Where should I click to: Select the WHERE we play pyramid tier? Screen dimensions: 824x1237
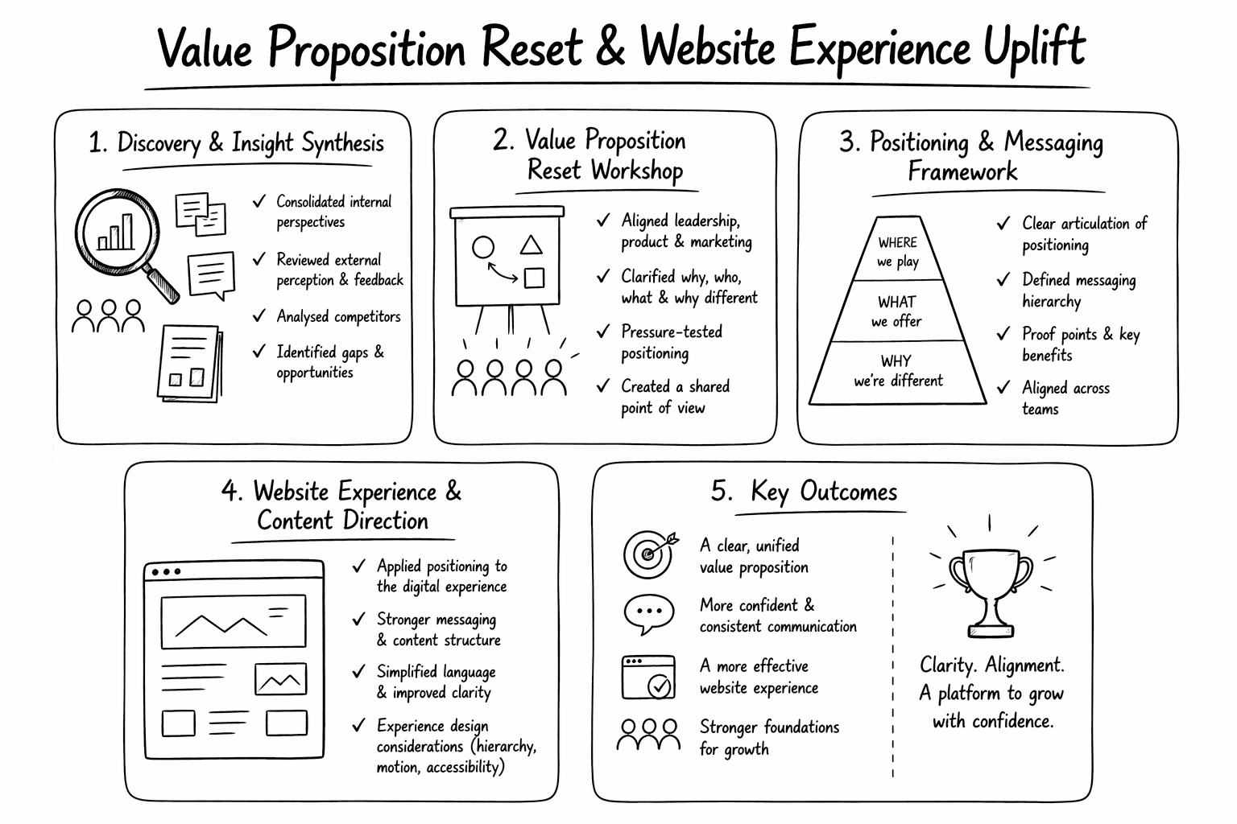point(898,251)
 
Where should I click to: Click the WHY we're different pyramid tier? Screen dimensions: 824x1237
point(898,371)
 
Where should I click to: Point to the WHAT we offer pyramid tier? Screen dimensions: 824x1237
point(897,311)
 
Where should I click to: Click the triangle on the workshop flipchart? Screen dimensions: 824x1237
point(531,245)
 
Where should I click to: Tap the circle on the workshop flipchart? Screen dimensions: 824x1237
point(483,247)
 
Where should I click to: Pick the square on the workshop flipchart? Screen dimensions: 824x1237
point(534,278)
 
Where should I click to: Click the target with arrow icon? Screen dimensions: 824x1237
point(649,553)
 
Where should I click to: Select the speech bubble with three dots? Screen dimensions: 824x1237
point(648,614)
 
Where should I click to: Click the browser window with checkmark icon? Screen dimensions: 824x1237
point(648,678)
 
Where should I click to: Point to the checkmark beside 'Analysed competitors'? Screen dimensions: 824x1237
point(259,316)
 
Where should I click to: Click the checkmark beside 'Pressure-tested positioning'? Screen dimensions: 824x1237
point(603,332)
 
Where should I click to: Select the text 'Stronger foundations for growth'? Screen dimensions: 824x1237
point(769,738)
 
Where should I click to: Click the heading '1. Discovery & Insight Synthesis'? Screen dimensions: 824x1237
point(237,143)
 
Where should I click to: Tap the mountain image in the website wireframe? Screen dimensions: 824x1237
point(234,621)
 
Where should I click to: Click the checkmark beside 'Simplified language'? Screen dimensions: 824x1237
point(359,671)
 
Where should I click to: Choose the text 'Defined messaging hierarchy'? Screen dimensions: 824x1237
point(1078,290)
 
